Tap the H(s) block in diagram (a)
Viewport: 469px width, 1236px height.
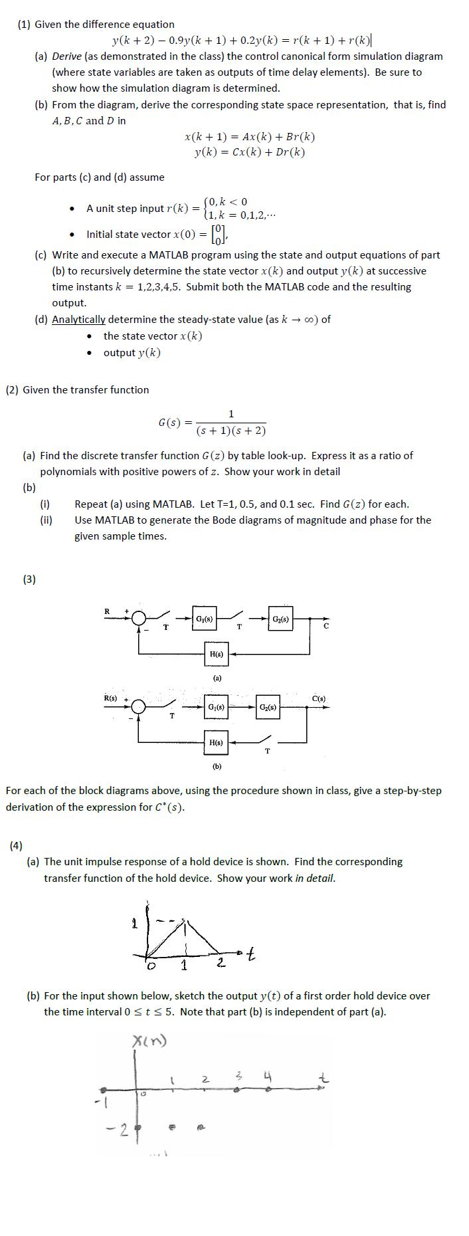pyautogui.click(x=216, y=654)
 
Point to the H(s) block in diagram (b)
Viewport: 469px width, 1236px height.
pyautogui.click(x=216, y=742)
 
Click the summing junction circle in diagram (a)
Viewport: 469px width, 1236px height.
pyautogui.click(x=138, y=619)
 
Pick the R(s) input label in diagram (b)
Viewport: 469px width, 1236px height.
pyautogui.click(x=110, y=698)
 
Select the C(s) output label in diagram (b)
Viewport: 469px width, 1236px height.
pyautogui.click(x=319, y=698)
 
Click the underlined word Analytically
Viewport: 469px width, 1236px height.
pyautogui.click(x=78, y=320)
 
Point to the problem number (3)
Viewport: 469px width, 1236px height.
pyautogui.click(x=29, y=579)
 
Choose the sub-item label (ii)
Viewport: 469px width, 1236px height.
pyautogui.click(x=47, y=520)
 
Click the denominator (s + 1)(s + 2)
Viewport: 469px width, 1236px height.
pyautogui.click(x=231, y=431)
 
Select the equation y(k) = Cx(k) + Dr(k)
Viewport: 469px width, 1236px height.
pyautogui.click(x=250, y=152)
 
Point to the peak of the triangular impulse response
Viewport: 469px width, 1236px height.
pyautogui.click(x=186, y=920)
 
